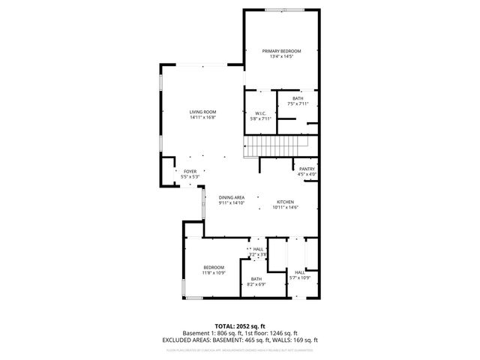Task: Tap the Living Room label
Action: coord(202,112)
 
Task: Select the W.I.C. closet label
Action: coord(259,113)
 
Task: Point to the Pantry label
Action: coord(307,169)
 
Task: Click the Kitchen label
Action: coord(286,202)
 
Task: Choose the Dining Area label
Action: coord(232,197)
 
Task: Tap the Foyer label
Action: coord(190,172)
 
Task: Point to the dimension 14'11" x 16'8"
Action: coord(202,117)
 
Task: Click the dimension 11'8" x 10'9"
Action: coord(214,272)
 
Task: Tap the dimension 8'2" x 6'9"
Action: coord(256,284)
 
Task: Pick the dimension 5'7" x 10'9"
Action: coord(300,278)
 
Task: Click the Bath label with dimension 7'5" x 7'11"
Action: coord(298,98)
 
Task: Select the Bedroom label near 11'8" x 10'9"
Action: coord(214,267)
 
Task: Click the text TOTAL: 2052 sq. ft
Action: coord(240,326)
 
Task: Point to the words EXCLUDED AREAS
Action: coord(187,340)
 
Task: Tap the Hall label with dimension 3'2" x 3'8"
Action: coord(258,249)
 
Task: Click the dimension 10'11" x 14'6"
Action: coord(286,208)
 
